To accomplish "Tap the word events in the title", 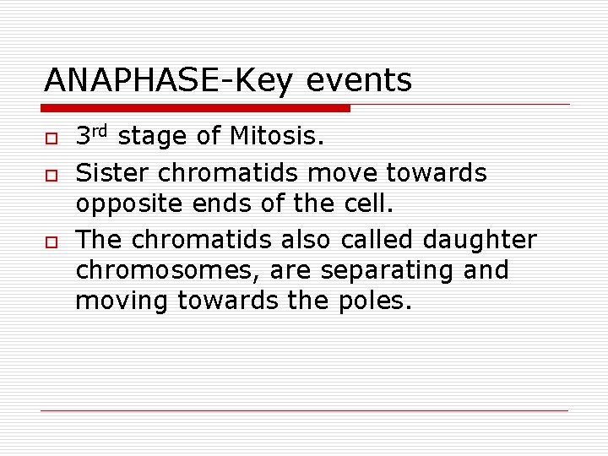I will [x=360, y=81].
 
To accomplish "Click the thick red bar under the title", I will [x=196, y=108].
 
